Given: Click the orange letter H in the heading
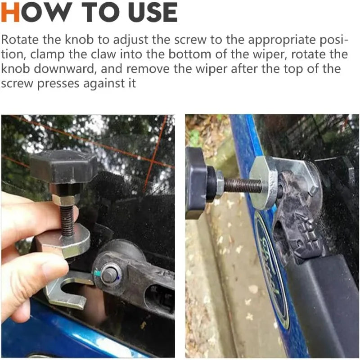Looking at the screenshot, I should (x=10, y=12).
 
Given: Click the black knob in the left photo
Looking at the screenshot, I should (x=63, y=166).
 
